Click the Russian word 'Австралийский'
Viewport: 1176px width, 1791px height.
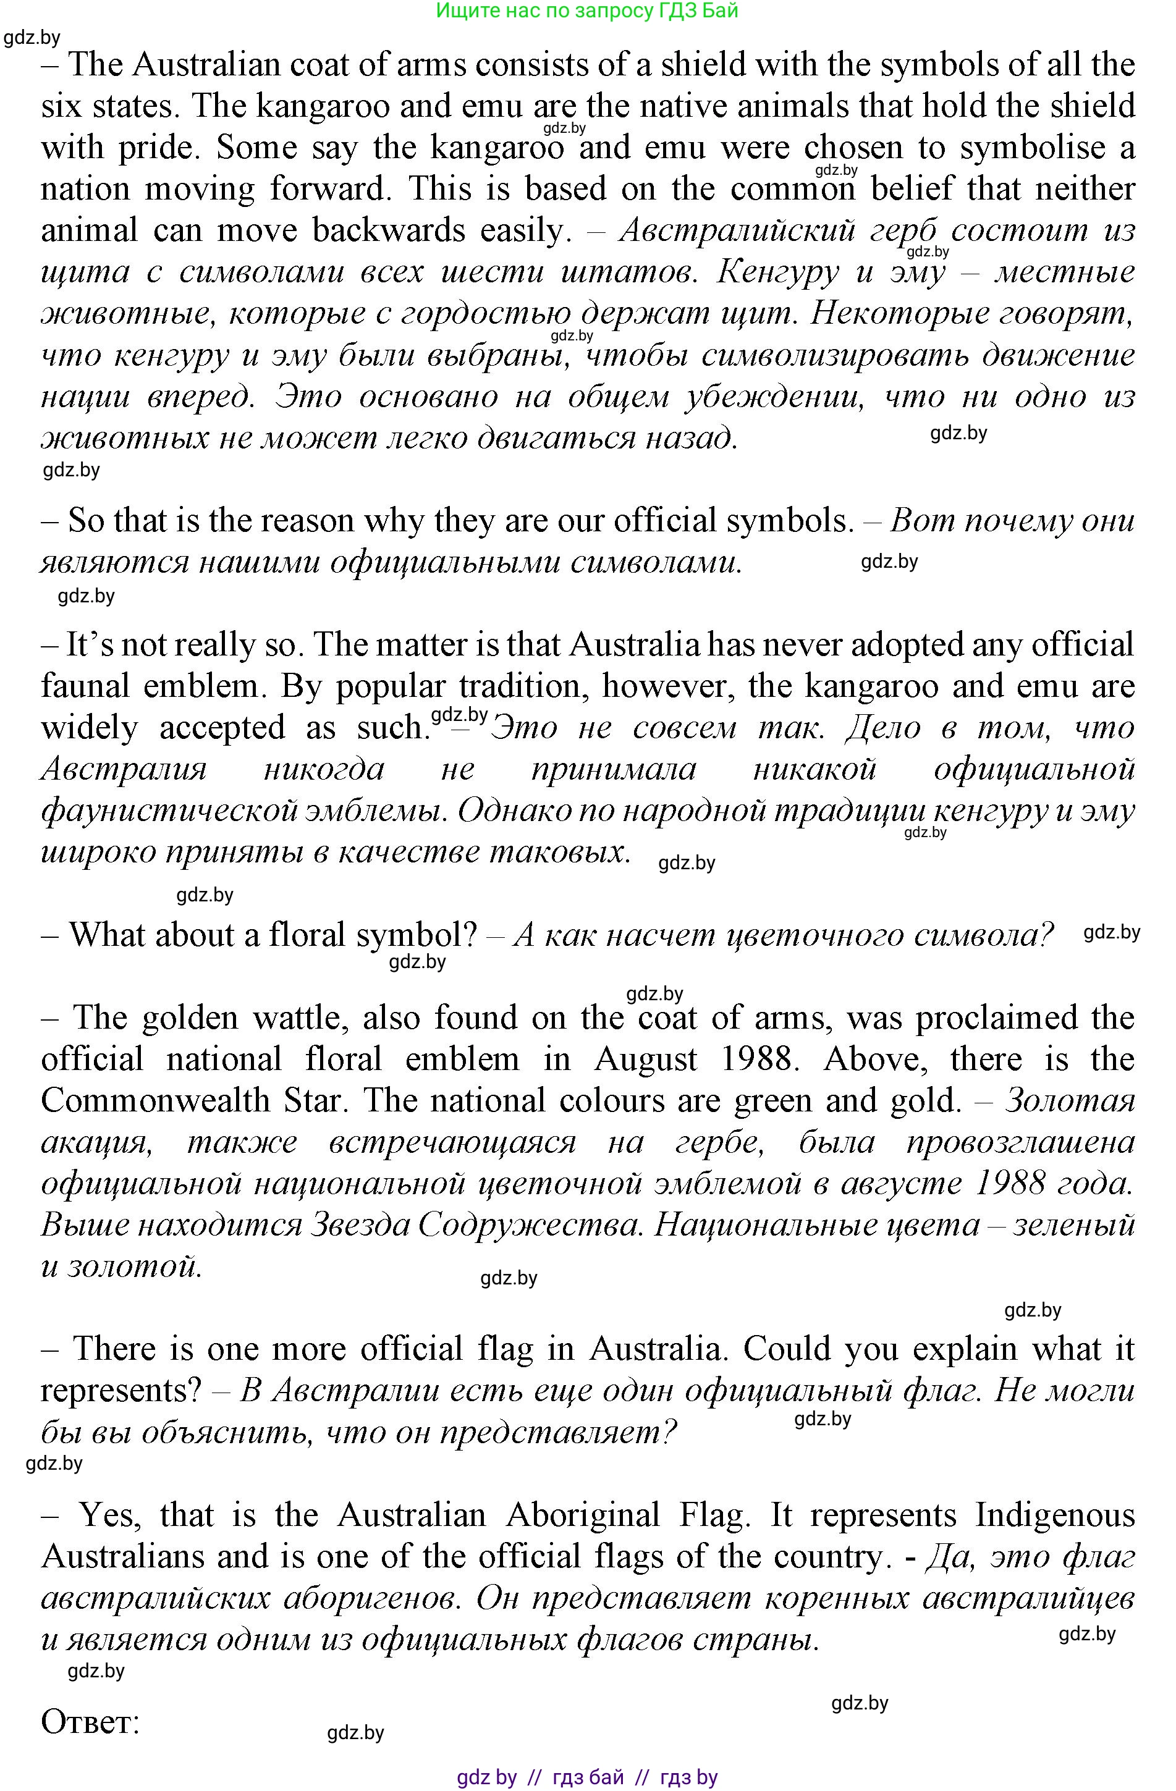pos(737,230)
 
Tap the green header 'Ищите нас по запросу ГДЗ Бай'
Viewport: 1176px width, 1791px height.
pos(587,11)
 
